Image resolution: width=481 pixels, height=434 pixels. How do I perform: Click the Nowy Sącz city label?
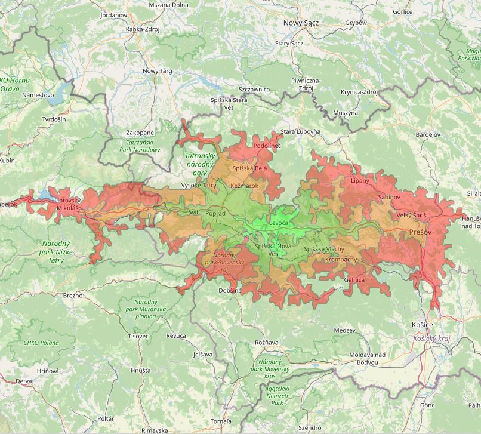click(x=301, y=23)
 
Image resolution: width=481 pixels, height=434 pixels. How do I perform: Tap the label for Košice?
click(x=422, y=324)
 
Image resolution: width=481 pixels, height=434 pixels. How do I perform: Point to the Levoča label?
click(x=279, y=223)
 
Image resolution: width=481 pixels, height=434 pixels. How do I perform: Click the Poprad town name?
click(x=215, y=213)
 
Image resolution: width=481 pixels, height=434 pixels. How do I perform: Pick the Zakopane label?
click(x=140, y=133)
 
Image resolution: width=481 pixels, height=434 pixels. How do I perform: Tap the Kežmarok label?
click(x=244, y=186)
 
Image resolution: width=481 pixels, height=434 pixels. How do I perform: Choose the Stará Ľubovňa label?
click(x=300, y=131)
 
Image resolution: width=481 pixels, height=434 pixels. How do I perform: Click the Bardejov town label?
click(x=427, y=135)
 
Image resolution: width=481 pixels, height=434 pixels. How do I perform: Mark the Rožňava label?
click(x=267, y=343)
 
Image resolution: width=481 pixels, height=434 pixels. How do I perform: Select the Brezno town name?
click(x=73, y=296)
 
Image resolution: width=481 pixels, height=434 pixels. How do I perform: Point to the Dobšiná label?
click(x=230, y=290)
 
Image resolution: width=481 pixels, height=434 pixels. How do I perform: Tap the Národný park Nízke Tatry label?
click(x=56, y=252)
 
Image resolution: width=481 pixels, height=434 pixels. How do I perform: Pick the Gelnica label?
click(x=354, y=279)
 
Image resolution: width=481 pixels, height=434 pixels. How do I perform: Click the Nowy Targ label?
click(x=158, y=71)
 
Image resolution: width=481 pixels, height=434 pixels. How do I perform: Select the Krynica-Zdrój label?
click(x=359, y=92)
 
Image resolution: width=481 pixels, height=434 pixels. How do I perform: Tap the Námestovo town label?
click(x=38, y=95)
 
